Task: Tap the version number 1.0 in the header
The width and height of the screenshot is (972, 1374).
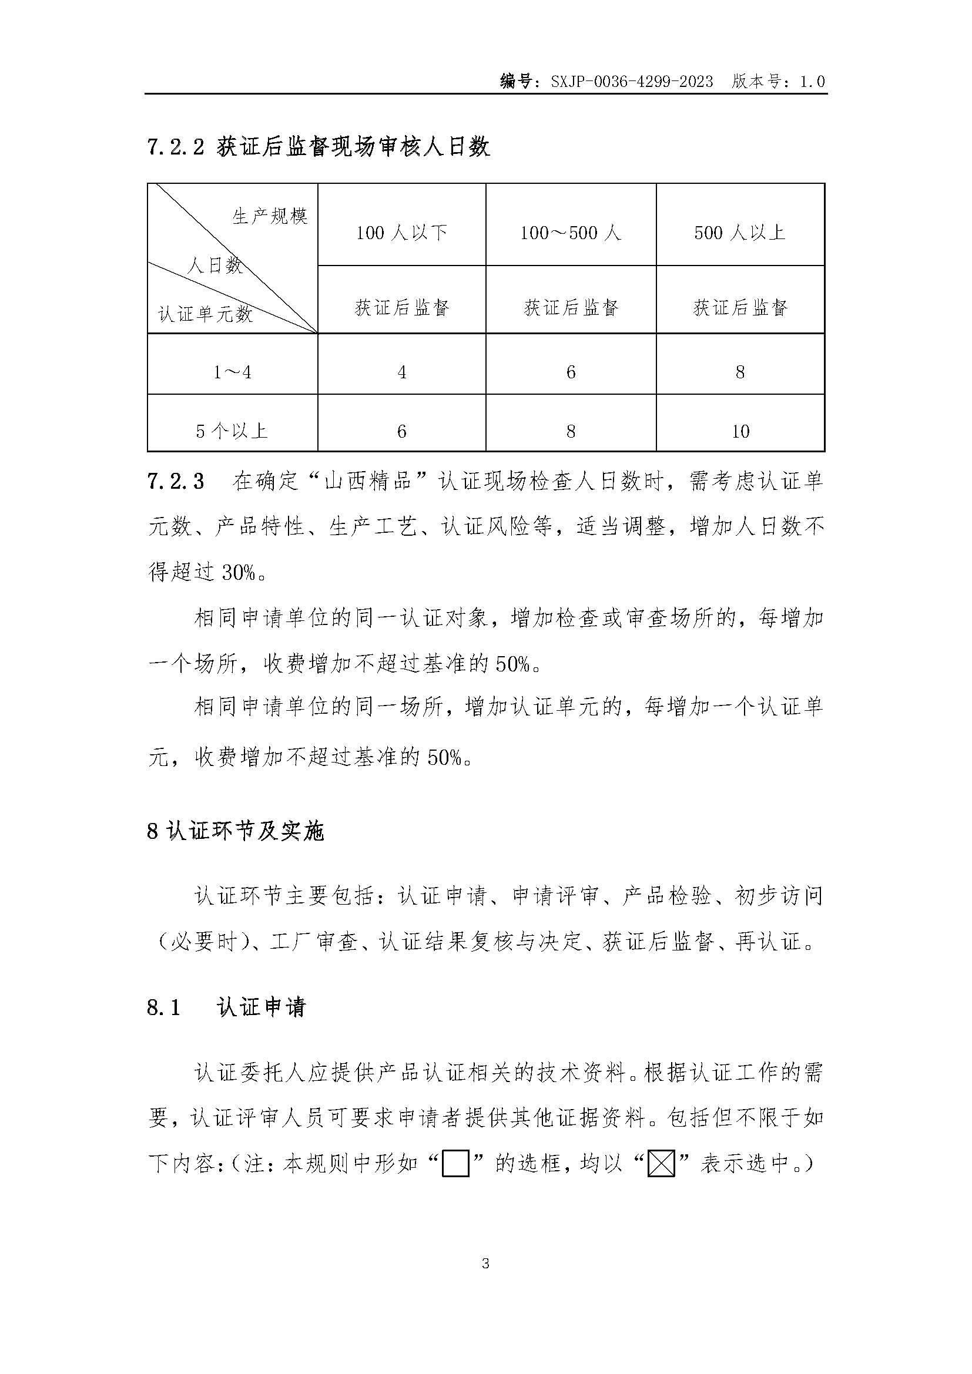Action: (812, 82)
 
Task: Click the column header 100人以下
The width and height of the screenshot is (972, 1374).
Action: (401, 232)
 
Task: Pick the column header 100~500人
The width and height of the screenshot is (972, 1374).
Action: (571, 232)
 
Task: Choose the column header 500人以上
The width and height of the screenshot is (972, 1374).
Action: (740, 232)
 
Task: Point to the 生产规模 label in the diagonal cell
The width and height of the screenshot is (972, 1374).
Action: (270, 216)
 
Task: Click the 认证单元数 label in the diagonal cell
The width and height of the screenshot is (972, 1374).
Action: (205, 314)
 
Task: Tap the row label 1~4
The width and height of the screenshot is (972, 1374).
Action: (232, 372)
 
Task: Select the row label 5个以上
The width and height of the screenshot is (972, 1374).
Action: (232, 431)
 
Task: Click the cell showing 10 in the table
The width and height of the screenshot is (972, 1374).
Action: (740, 431)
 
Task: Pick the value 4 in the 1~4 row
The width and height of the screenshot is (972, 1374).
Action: (401, 372)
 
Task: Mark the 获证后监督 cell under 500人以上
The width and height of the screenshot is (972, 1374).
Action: (740, 308)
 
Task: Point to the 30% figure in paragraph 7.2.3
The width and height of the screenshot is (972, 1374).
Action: (238, 573)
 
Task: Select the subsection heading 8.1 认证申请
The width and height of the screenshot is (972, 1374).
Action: (226, 1007)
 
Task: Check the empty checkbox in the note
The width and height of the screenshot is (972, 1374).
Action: (455, 1164)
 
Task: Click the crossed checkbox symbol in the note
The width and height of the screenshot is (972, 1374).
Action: (661, 1164)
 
